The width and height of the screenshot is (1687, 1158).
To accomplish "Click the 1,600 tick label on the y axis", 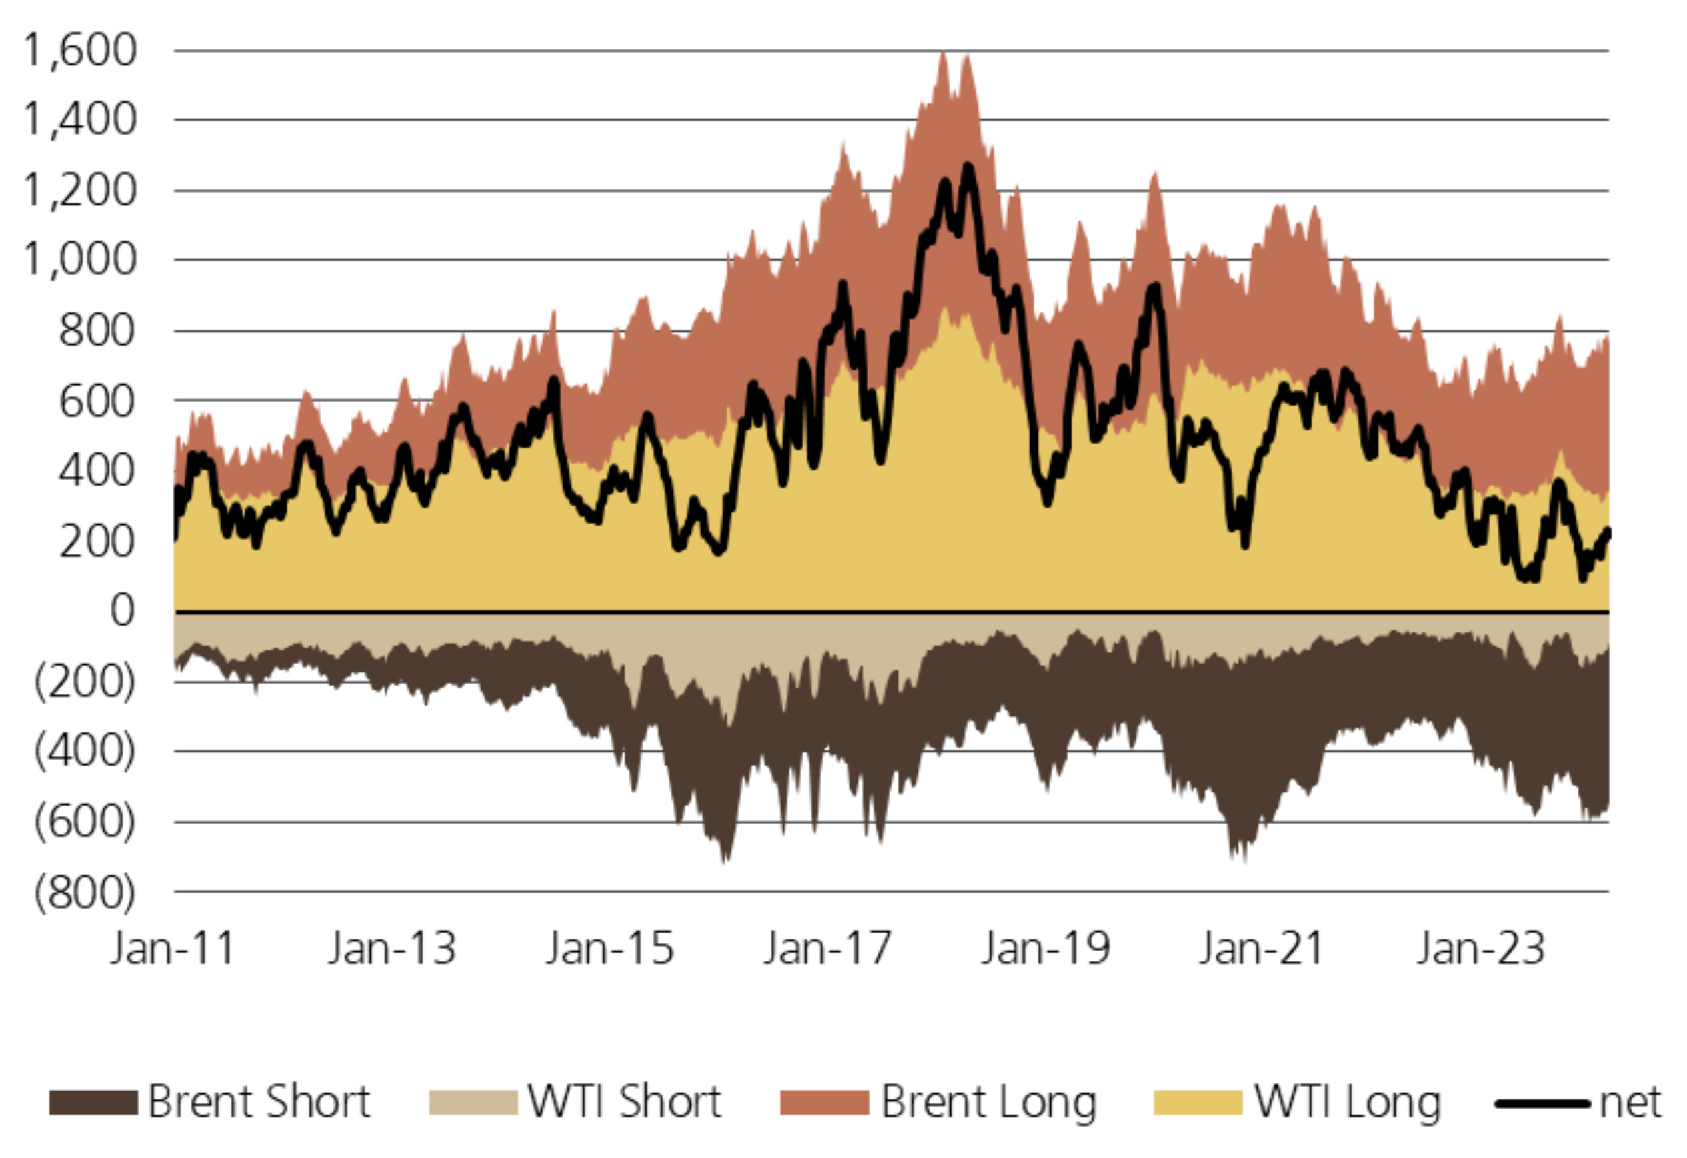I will point(80,51).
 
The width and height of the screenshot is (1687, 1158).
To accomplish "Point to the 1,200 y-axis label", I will point(80,191).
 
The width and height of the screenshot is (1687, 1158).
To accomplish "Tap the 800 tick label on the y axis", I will point(97,331).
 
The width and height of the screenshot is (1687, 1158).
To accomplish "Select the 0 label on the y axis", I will point(122,610).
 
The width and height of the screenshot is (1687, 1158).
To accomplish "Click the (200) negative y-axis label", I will point(85,682).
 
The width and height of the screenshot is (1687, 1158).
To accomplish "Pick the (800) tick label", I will point(85,893).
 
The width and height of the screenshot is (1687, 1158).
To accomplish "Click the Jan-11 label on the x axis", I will point(173,948).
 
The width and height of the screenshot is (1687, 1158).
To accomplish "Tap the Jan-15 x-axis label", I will point(609,948).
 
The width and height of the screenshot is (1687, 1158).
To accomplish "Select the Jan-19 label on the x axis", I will point(1046,948).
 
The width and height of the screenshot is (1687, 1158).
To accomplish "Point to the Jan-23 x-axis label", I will point(1481,948).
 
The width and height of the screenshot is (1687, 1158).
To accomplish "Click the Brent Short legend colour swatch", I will point(93,1102).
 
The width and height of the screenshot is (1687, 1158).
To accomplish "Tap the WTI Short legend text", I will point(624,1102).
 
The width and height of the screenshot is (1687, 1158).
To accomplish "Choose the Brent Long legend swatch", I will point(824,1102).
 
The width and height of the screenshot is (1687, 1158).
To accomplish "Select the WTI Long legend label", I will point(1348,1102).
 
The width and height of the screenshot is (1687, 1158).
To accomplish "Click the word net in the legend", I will point(1630,1102).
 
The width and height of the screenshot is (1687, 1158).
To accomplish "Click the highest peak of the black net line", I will point(968,166).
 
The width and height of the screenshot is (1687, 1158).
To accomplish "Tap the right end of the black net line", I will point(1608,532).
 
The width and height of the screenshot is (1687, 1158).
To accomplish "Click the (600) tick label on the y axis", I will point(85,822).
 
